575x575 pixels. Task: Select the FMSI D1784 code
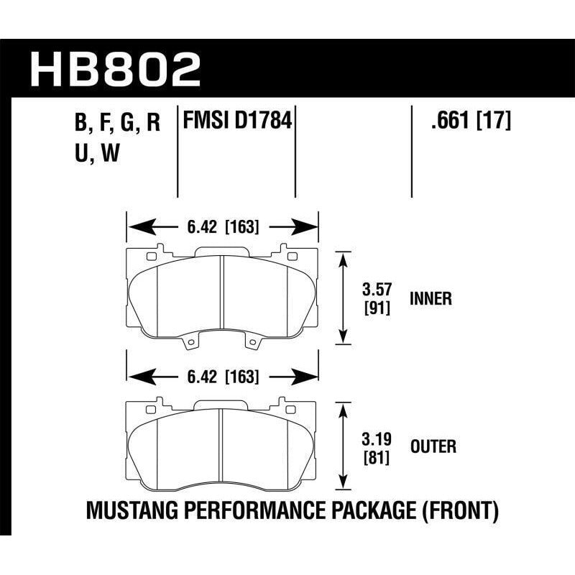click(238, 119)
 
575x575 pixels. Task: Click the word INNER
click(431, 298)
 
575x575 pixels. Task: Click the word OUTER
click(433, 447)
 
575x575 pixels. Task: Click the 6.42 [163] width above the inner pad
click(223, 229)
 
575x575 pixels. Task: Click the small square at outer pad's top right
click(293, 407)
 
